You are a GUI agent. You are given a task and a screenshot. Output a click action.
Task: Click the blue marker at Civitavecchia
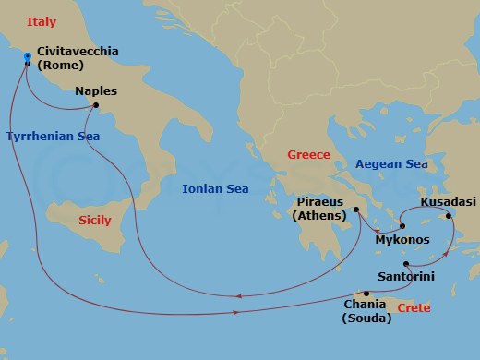(28, 58)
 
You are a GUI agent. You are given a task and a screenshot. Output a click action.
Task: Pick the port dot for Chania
(366, 294)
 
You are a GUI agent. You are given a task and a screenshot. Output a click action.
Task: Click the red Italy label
(42, 19)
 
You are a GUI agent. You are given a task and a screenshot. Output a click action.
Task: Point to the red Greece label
(308, 154)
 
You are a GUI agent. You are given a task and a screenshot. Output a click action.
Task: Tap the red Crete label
(413, 307)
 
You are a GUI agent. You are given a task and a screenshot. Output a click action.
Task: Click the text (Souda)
(366, 318)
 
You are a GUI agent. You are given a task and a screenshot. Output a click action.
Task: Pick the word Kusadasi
(449, 200)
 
